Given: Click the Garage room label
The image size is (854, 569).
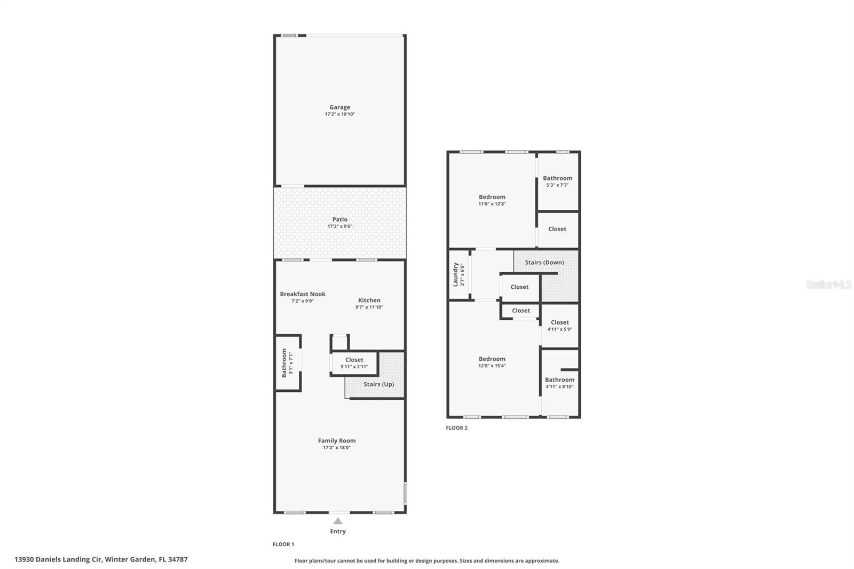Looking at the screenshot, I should pos(339,107).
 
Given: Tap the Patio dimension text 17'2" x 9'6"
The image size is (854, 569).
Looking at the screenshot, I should pos(339,226).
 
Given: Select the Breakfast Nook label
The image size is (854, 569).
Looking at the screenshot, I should pos(303,294).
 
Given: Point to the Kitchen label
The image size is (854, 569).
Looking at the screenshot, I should pos(369,300).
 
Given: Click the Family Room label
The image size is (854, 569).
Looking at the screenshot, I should pos(336,440).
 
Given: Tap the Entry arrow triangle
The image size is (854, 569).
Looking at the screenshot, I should pos(338,521).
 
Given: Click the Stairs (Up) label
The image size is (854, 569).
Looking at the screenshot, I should pos(378,384).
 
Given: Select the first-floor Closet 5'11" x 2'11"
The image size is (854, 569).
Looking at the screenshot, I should pos(354,363).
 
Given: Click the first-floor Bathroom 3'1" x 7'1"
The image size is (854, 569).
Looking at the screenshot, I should pos(287,363).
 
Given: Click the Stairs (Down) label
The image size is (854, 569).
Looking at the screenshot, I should pos(544,263).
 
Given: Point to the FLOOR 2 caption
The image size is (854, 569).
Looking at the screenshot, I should pos(456,428).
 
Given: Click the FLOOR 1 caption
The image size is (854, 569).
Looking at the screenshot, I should pos(283,544).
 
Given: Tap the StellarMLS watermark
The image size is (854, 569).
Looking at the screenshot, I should pos(828,285).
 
